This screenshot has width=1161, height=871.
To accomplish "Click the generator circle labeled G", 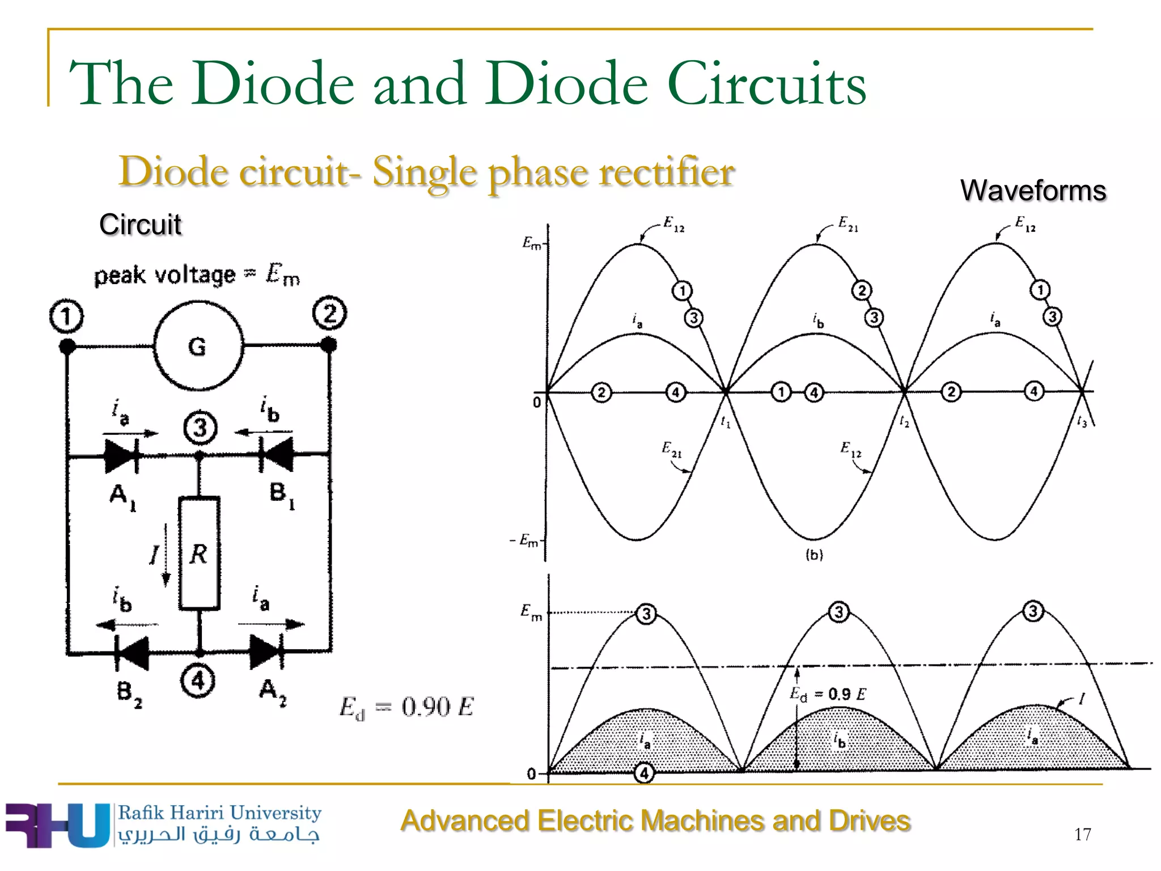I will [x=198, y=345].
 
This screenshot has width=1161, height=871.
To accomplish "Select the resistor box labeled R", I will [x=199, y=553].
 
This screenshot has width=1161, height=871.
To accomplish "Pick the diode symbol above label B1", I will [x=276, y=455].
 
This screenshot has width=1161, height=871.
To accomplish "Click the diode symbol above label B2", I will [x=132, y=653].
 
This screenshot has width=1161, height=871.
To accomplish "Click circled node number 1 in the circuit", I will [x=66, y=316].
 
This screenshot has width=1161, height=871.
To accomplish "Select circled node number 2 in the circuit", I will [x=329, y=313].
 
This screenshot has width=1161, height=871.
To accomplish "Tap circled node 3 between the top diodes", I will [x=200, y=428].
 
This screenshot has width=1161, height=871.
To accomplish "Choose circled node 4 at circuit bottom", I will [x=197, y=680].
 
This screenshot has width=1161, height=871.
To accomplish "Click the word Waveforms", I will [x=1032, y=191].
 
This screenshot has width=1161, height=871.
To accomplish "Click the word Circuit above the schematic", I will [x=140, y=225].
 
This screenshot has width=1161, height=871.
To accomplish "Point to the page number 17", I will [x=1082, y=834].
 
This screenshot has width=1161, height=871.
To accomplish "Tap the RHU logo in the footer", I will [x=57, y=825].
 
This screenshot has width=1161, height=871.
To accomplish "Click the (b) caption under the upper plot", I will [x=814, y=555].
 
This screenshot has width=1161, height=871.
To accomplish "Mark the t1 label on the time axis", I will [x=725, y=422].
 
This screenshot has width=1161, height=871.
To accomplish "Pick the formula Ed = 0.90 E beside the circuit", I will [x=406, y=707].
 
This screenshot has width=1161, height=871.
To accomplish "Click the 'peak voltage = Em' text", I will [x=196, y=275].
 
